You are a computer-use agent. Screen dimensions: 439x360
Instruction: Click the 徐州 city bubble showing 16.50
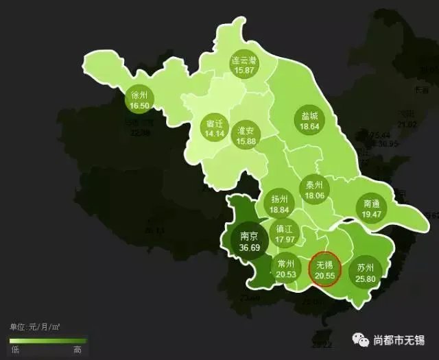(139, 101)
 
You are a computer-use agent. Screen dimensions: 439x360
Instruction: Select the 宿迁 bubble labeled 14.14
(215, 128)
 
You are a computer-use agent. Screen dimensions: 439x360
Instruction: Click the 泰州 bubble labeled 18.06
(315, 190)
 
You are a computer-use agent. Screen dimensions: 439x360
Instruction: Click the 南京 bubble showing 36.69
(248, 241)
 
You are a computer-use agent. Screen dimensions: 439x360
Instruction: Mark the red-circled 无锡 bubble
(324, 269)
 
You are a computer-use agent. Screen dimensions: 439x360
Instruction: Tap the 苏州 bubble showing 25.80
(366, 272)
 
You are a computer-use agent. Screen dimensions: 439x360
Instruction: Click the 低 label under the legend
(14, 350)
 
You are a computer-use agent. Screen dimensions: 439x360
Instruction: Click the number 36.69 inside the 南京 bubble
(248, 248)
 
